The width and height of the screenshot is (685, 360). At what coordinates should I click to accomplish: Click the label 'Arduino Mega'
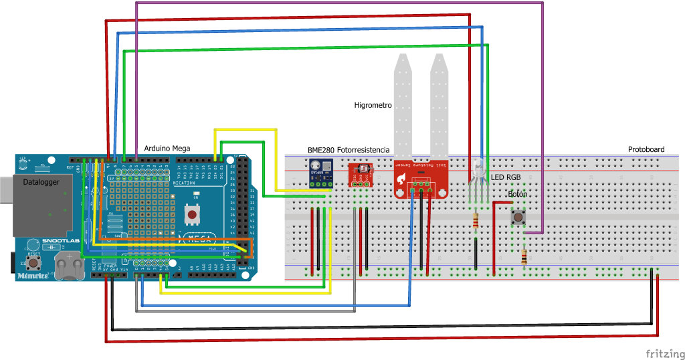(167, 149)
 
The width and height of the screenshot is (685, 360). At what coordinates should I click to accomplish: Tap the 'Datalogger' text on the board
(41, 182)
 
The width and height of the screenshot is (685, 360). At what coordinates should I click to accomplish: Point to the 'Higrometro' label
(373, 106)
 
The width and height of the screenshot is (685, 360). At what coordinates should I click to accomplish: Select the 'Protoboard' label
(646, 149)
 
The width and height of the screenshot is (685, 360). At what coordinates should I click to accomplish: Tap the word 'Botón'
(517, 195)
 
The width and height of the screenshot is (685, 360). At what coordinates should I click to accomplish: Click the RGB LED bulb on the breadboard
(478, 169)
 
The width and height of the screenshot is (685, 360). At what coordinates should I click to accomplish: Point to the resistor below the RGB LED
(475, 221)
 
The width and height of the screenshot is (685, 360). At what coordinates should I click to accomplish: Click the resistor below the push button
(523, 256)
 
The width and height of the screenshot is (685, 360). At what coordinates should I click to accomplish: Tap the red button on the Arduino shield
(193, 215)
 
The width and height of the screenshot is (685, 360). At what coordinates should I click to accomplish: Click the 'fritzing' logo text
(664, 353)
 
